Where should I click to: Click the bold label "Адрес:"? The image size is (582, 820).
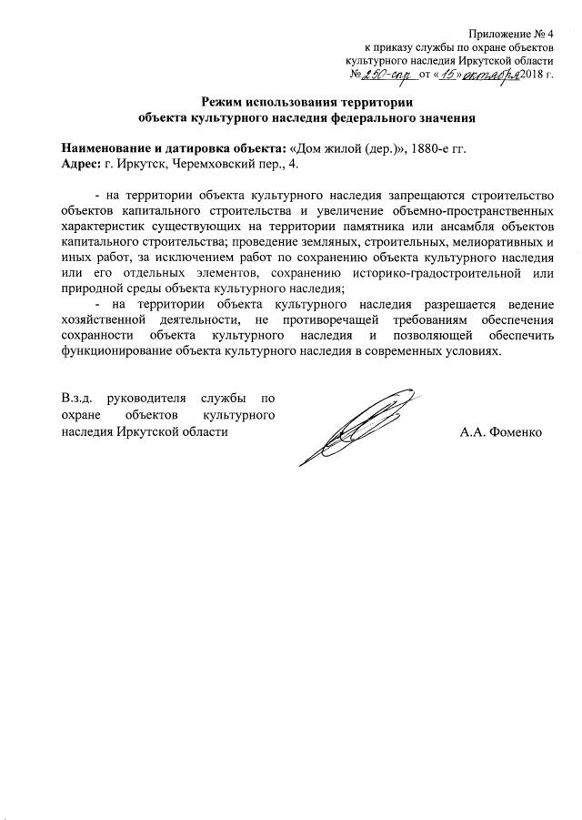[80, 164]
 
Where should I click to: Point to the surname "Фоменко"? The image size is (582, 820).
[516, 431]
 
